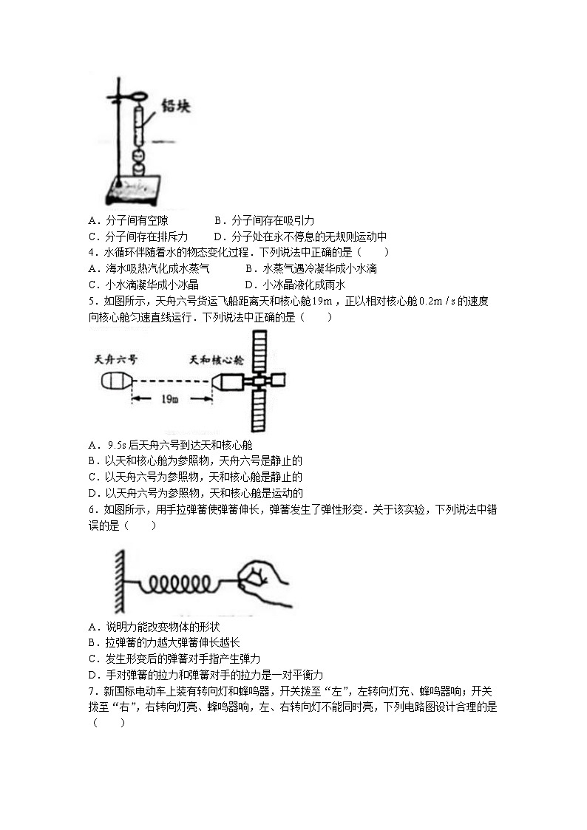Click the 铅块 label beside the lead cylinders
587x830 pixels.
pos(176,108)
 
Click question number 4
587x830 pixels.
pos(91,252)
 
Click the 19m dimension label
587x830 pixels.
pos(169,400)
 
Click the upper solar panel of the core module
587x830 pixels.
pos(259,350)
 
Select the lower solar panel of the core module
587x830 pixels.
pos(259,410)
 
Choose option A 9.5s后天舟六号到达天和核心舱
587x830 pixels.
pos(170,445)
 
